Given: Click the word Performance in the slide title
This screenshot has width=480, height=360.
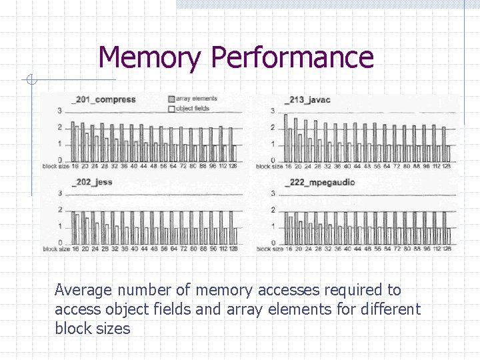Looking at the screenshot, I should click(292, 57).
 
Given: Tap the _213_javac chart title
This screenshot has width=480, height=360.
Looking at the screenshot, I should click(307, 100).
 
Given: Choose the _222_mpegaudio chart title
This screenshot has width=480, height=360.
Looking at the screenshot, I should click(319, 182).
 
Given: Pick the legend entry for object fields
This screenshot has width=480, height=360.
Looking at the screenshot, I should click(193, 108).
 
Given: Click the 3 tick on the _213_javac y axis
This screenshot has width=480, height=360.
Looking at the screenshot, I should click(272, 111).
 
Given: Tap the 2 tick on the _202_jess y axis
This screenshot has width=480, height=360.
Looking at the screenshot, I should click(59, 210).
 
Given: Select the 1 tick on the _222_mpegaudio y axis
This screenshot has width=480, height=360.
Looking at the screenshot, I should click(272, 227).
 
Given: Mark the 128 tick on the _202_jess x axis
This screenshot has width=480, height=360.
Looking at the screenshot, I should click(232, 249).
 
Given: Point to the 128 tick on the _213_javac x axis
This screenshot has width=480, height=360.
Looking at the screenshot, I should click(446, 166).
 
